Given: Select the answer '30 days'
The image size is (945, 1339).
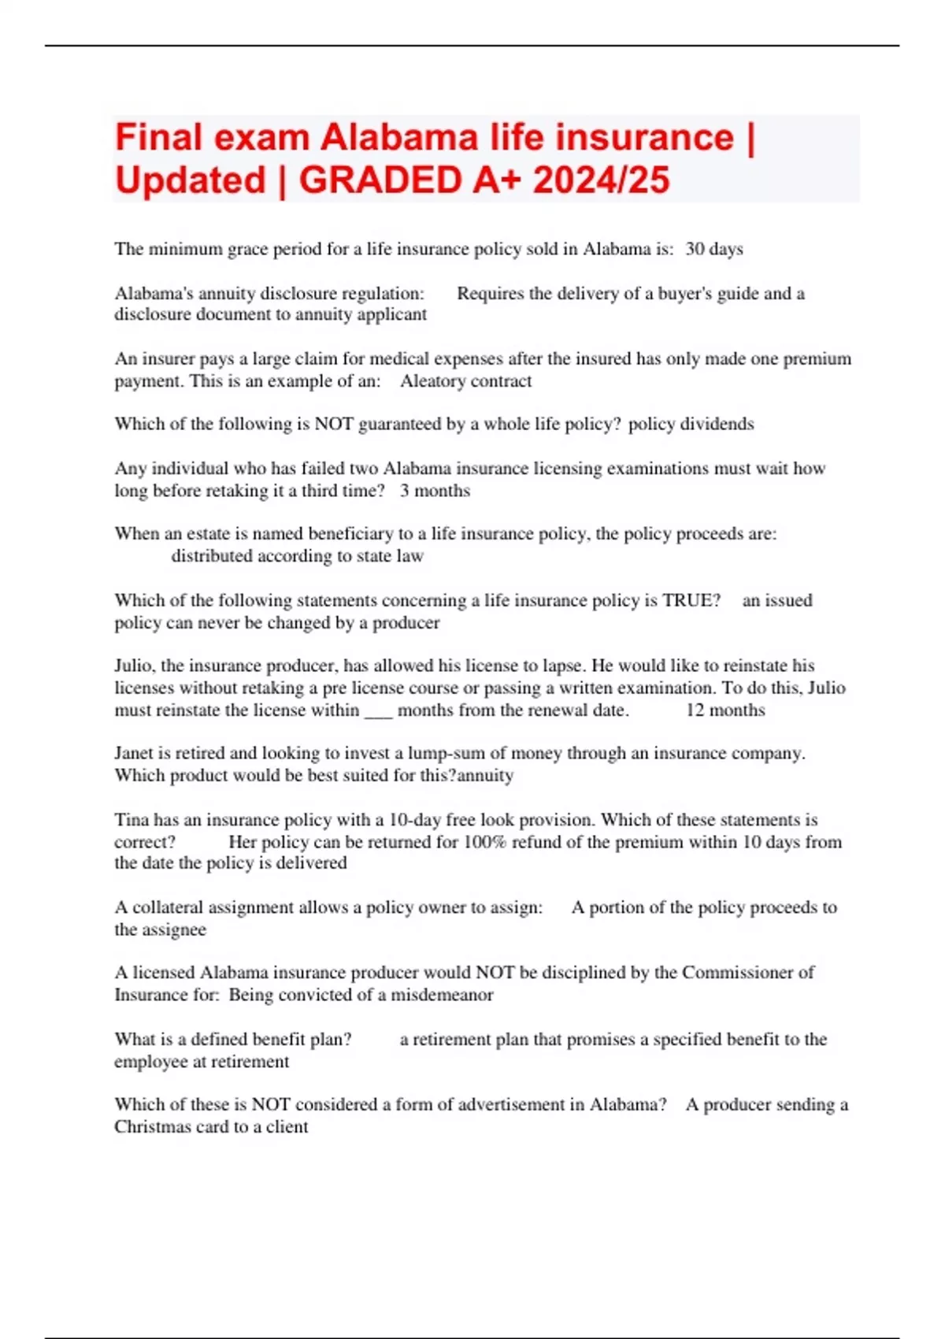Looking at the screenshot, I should click(713, 249).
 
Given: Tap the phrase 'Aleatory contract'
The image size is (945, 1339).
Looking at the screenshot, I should click(465, 381).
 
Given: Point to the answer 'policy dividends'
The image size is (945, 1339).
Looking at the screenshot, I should click(691, 424).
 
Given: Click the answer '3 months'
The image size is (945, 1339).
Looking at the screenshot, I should click(435, 491).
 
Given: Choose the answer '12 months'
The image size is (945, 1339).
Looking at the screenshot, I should click(725, 710).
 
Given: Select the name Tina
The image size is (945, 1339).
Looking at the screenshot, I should click(132, 819).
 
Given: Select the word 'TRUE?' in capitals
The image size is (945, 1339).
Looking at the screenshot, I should click(691, 600).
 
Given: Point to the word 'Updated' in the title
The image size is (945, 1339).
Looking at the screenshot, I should click(191, 180).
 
